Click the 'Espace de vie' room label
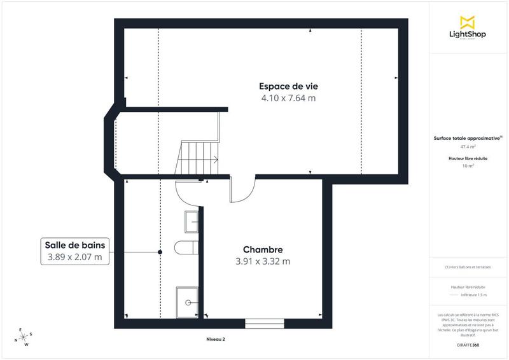288,87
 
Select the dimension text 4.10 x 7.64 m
288,99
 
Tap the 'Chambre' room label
263,249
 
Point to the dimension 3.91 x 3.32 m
263,261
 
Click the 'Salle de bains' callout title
75,245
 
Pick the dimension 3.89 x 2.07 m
75,258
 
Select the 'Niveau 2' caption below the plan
216,340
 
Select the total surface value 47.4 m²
468,146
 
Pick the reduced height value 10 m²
468,165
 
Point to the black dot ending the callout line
160,253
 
